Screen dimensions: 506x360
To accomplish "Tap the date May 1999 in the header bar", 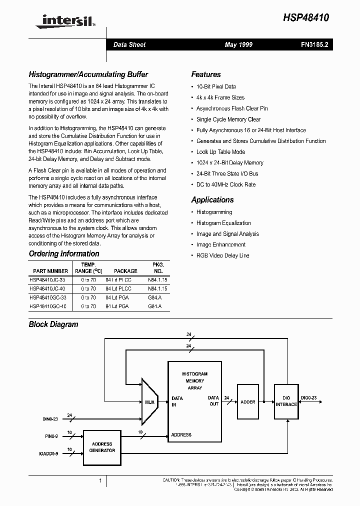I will click(238, 45).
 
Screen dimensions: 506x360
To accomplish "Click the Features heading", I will click(206, 74).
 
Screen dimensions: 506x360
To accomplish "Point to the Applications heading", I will click(212, 200).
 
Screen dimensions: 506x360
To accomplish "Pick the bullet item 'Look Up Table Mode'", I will click(220, 152).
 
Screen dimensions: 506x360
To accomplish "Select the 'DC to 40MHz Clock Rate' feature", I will click(226, 184).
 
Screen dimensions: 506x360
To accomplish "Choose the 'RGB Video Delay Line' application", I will click(223, 255).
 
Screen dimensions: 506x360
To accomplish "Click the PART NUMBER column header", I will click(50, 271).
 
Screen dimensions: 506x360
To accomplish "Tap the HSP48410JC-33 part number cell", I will click(51, 280).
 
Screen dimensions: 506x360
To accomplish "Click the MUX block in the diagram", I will click(149, 401).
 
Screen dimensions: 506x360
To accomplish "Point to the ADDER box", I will click(248, 402).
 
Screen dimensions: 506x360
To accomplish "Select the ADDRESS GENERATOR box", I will click(102, 447).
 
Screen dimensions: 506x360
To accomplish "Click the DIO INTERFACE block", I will click(286, 401).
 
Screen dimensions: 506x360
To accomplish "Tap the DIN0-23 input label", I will click(50, 419).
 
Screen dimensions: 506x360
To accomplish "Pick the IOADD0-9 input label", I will click(49, 454).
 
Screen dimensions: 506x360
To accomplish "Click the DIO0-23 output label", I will click(309, 397).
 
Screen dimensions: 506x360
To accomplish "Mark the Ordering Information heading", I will click(64, 254).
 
